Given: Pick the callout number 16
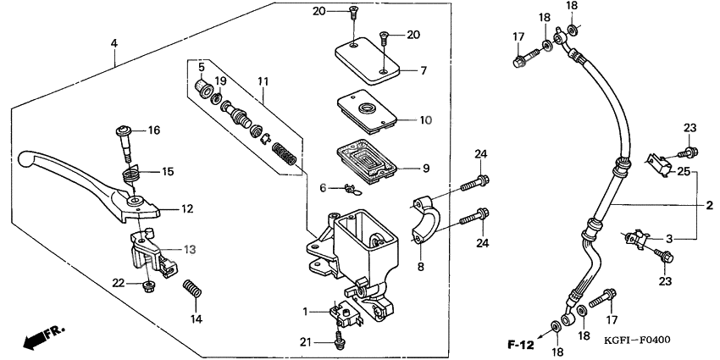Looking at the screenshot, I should point(153,130).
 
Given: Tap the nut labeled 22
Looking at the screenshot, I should point(149,284).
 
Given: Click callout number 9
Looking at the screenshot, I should point(425,169).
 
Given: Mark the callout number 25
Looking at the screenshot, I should point(682,172).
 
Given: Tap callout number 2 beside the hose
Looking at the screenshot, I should point(710,205).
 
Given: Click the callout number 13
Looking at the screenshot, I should point(189,249).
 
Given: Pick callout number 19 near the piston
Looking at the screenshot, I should point(220,80).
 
